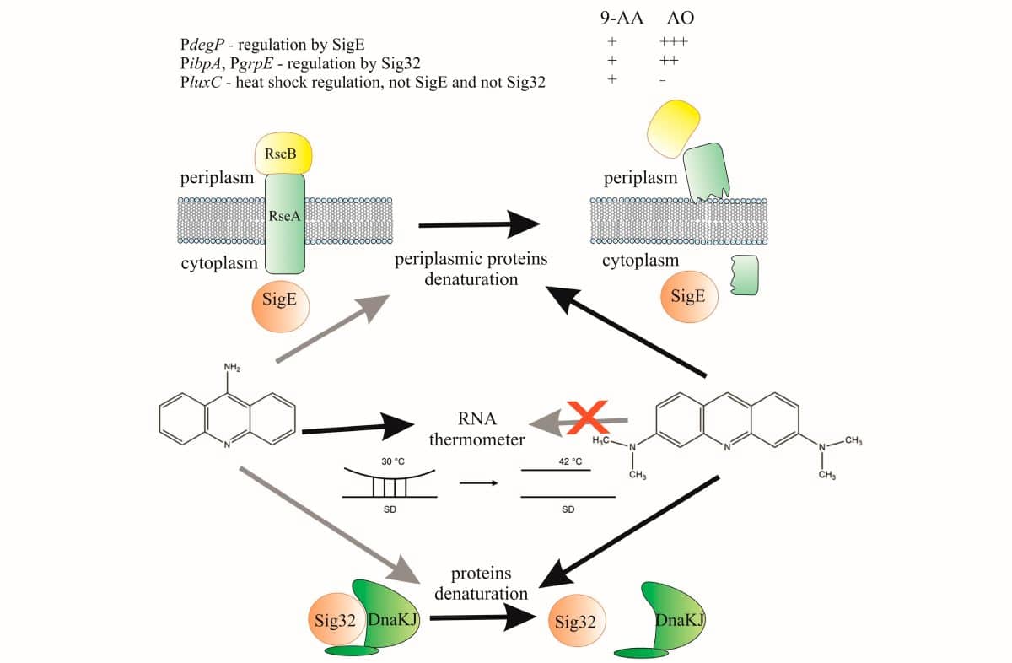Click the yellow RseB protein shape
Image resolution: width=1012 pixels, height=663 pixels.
(283, 154)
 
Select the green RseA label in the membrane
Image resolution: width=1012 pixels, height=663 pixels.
(283, 216)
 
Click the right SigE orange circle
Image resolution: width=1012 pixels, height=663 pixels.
(687, 297)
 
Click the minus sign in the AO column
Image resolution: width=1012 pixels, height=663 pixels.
(664, 80)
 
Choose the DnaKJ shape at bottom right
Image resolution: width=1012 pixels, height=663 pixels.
(676, 619)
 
